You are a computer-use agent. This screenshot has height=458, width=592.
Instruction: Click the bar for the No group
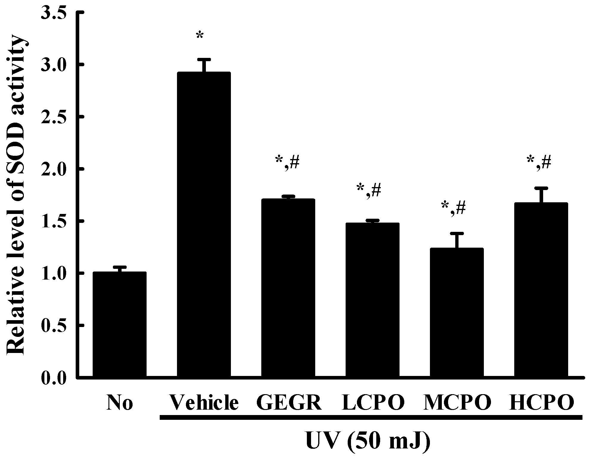119,325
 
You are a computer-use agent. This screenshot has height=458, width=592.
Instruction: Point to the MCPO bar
457,313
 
